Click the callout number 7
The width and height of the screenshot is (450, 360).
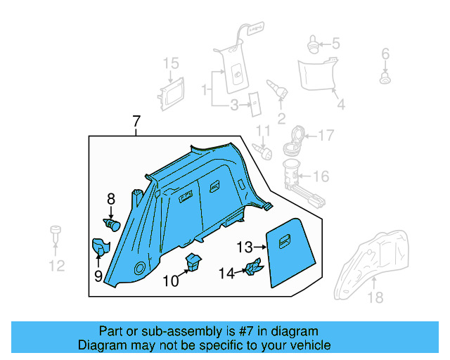click(136, 122)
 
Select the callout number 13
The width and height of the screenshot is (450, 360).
click(244, 247)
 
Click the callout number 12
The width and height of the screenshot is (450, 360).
click(56, 265)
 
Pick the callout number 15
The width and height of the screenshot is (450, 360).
click(172, 65)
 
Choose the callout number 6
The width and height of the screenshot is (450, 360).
click(385, 54)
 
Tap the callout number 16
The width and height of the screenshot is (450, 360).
click(320, 176)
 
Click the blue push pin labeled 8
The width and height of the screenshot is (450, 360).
click(112, 224)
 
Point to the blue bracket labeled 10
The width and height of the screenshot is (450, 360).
click(192, 263)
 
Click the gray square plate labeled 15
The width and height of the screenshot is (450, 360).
click(169, 94)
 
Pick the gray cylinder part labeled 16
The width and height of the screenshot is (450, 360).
click(291, 176)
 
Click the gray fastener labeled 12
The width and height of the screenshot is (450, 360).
click(54, 233)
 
